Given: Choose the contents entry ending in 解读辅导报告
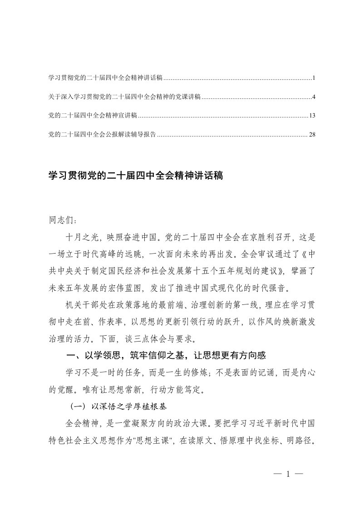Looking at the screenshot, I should [x=102, y=134].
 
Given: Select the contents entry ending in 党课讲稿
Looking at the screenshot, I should [x=124, y=97].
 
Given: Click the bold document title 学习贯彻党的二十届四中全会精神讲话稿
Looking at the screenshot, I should [x=135, y=176].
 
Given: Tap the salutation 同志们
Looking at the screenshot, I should [x=62, y=220].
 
